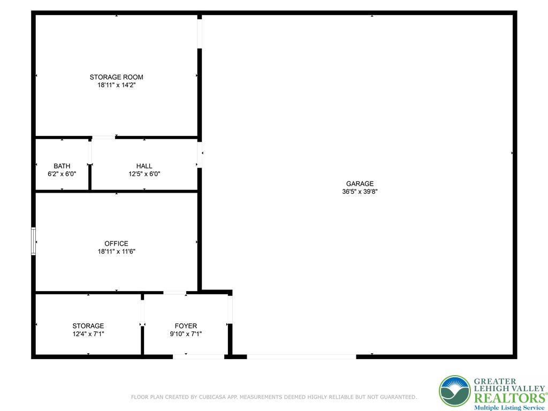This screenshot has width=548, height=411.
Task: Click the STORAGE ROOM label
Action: point(116,77)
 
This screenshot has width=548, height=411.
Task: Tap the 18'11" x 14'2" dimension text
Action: point(116,85)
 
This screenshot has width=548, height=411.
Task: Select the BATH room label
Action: point(62,166)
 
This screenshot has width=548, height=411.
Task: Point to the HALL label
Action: point(144,166)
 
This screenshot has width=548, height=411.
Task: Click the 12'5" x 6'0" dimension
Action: point(144,174)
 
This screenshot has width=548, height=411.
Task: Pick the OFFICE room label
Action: point(116,243)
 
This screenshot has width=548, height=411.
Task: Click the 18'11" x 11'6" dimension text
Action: point(116,252)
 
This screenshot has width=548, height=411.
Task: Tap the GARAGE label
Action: point(360,184)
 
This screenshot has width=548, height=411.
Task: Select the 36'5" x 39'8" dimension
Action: point(360,192)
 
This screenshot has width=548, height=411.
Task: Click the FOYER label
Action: point(186,326)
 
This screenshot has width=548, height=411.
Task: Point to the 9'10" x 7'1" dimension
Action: point(186,334)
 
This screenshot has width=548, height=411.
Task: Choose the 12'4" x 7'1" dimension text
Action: point(88,334)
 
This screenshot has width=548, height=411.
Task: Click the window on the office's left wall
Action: point(34,241)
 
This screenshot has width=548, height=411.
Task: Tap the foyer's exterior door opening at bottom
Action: point(199,356)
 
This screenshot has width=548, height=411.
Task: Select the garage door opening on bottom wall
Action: point(301,356)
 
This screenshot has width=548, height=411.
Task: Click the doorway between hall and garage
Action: point(200,155)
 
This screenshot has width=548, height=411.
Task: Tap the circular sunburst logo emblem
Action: point(454,391)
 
